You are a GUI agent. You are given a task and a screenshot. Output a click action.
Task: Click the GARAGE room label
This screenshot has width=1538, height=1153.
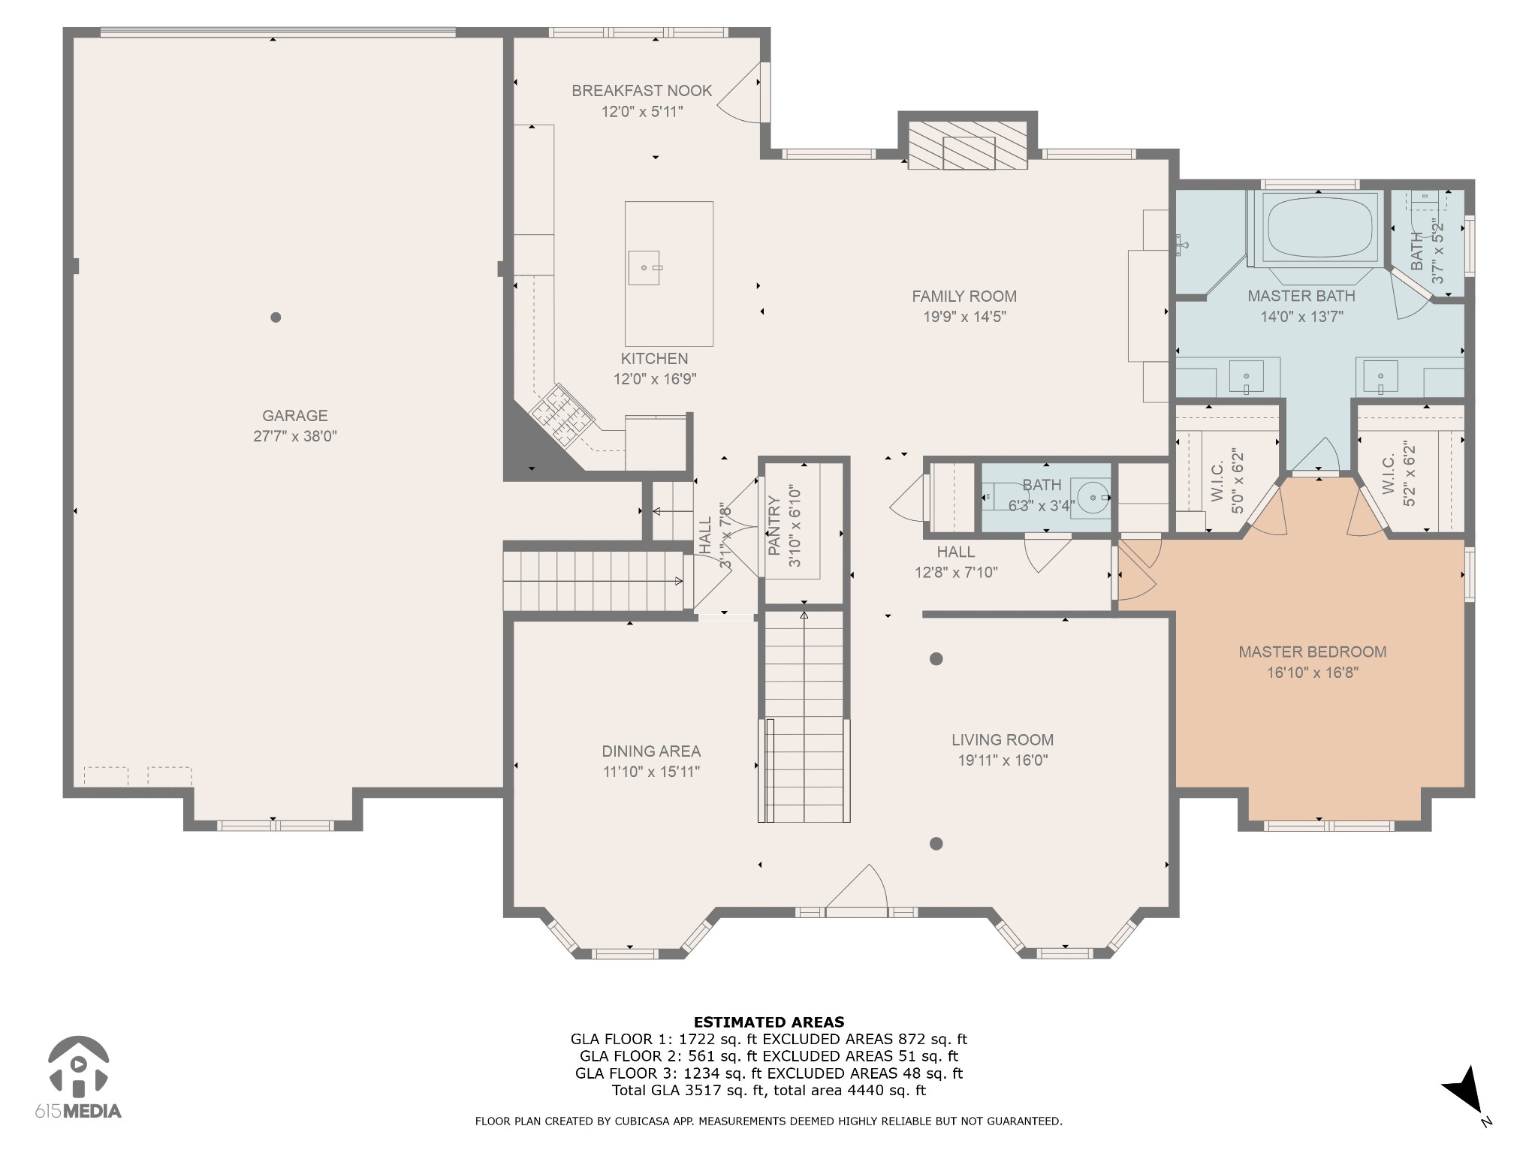(x=295, y=416)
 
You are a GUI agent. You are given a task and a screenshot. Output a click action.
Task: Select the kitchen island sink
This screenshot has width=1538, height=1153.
(x=644, y=268)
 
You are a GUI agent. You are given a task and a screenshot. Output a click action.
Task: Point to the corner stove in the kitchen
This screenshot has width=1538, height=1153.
(x=562, y=412)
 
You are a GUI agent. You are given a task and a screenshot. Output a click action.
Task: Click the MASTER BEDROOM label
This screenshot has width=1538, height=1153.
(x=1313, y=652)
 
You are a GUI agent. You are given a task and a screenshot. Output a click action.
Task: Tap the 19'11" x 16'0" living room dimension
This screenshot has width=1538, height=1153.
(x=1003, y=760)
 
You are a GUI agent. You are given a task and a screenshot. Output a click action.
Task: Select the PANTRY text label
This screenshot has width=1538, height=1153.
(x=774, y=526)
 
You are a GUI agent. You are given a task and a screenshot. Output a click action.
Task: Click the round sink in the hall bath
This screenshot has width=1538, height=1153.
(x=1092, y=497)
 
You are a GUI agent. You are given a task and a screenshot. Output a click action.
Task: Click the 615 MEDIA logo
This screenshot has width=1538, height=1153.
(x=78, y=1078)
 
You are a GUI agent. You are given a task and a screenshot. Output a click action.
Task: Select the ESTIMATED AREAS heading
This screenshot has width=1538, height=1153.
(x=769, y=1022)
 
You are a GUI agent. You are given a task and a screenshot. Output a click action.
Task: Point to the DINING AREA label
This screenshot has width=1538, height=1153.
(x=651, y=751)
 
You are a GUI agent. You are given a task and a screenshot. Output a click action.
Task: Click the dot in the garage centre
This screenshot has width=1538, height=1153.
(x=276, y=318)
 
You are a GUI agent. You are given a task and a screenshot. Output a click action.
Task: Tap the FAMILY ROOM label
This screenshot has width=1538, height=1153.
(x=964, y=297)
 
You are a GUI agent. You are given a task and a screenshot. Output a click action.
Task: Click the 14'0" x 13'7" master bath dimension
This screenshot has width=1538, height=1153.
(x=1301, y=317)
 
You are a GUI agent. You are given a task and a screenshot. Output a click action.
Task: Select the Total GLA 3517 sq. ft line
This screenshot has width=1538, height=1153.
(x=769, y=1091)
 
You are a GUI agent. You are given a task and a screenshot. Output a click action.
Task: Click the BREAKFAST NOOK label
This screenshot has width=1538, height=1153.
(x=642, y=91)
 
